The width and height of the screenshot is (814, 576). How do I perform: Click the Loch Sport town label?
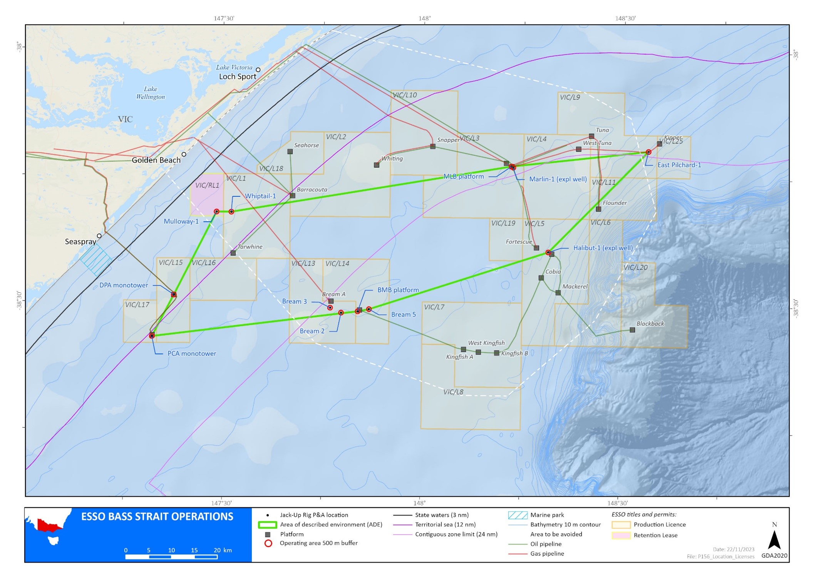[x=238, y=77]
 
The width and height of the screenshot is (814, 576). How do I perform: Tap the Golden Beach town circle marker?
[x=184, y=154]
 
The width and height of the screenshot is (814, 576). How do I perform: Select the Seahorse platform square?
[x=290, y=152]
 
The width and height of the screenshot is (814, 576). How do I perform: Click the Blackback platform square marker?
[x=632, y=330]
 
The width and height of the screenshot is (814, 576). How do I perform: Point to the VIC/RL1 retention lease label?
[x=207, y=185]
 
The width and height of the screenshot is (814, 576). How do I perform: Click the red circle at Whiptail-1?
[x=231, y=212]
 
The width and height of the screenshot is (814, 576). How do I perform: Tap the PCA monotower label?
[x=192, y=354]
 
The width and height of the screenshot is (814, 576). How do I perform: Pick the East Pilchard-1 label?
[x=679, y=165]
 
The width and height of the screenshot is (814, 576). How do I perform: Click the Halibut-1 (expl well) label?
[x=603, y=248]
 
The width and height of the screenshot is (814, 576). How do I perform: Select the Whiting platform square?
[x=377, y=165]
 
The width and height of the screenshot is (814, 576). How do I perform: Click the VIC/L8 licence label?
[x=453, y=392]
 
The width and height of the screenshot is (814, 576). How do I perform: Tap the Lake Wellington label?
[x=151, y=93]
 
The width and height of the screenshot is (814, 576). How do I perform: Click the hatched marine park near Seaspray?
[x=96, y=259]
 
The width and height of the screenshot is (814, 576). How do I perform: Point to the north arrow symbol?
[x=774, y=539]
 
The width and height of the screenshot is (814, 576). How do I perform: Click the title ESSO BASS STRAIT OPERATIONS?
[x=157, y=517]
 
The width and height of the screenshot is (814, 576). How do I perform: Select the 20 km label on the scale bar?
[x=223, y=550]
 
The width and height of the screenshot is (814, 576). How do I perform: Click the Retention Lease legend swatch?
[x=621, y=535]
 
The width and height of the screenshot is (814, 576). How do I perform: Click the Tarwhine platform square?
[x=233, y=253]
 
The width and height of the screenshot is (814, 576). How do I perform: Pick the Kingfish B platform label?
[x=514, y=353]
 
